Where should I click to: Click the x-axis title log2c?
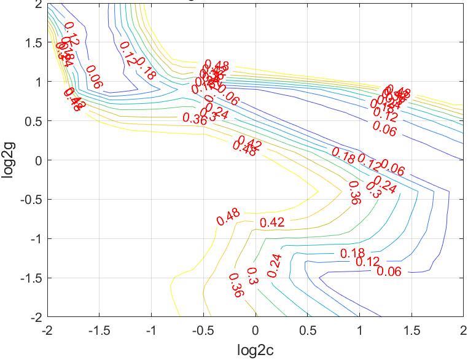click(x=255, y=350)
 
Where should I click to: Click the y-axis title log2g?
click(x=8, y=160)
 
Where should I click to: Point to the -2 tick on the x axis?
click(x=47, y=331)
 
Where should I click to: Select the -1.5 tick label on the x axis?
click(x=99, y=331)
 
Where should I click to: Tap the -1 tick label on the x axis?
click(x=151, y=331)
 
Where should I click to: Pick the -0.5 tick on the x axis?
click(x=203, y=331)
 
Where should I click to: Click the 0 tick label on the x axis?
click(x=255, y=331)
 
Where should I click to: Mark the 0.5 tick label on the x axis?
click(x=307, y=331)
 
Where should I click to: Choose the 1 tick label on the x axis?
click(x=359, y=331)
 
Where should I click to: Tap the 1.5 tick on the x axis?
click(x=411, y=331)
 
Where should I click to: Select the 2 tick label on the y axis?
click(x=38, y=4)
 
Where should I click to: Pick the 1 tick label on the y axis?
click(x=38, y=82)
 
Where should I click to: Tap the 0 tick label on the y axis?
click(x=38, y=160)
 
